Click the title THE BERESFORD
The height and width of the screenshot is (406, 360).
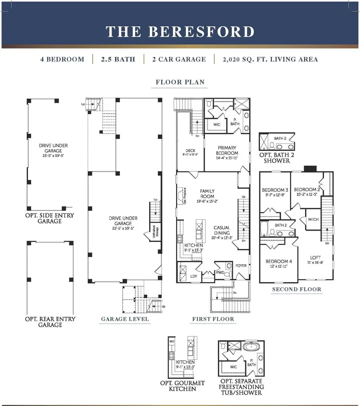pyautogui.click(x=180, y=32)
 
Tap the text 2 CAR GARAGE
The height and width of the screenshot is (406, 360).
pyautogui.click(x=179, y=59)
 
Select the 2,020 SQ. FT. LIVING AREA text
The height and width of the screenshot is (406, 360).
pyautogui.click(x=271, y=59)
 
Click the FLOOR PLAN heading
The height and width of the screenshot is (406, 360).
pyautogui.click(x=180, y=82)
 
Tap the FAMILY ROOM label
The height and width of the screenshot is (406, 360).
pyautogui.click(x=207, y=194)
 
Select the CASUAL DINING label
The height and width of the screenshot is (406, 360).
pyautogui.click(x=221, y=230)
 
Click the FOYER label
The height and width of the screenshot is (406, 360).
pyautogui.click(x=241, y=265)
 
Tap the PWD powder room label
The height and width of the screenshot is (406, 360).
pyautogui.click(x=220, y=272)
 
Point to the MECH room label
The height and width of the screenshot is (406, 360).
pyautogui.click(x=313, y=219)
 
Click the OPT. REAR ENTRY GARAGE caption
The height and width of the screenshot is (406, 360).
pyautogui.click(x=50, y=322)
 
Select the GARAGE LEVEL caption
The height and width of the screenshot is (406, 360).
pyautogui.click(x=125, y=319)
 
